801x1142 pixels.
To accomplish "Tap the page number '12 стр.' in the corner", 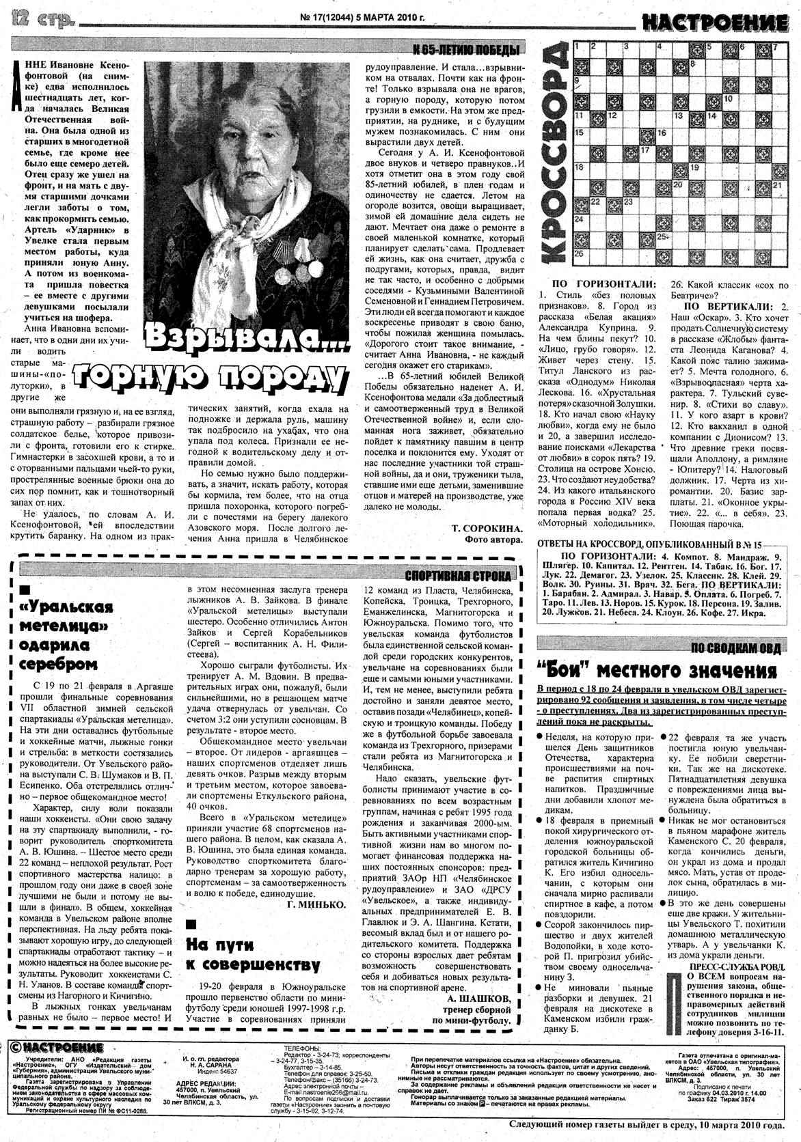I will point(41,20).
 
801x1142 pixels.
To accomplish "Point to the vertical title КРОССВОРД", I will point(552,157).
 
